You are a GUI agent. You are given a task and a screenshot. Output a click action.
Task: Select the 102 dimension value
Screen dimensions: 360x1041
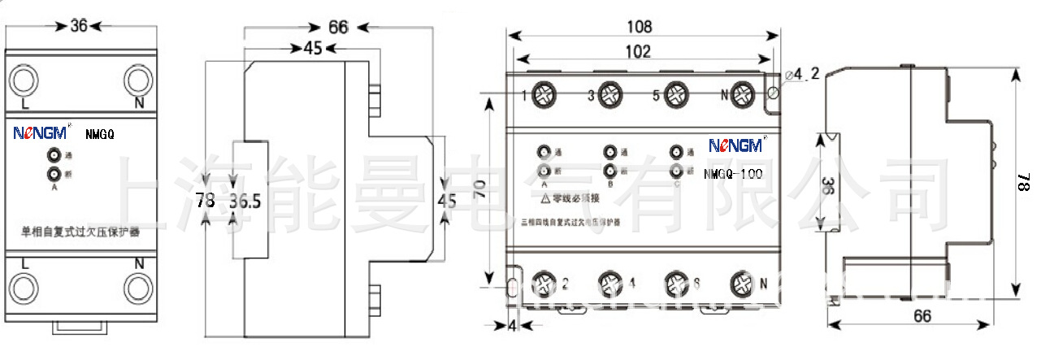(x=639, y=52)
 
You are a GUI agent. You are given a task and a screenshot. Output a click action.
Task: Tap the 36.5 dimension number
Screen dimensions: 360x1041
(x=245, y=200)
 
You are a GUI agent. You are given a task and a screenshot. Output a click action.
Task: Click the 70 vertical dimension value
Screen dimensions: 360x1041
(x=482, y=190)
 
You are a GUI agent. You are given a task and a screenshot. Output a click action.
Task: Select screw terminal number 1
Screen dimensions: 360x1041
(x=543, y=96)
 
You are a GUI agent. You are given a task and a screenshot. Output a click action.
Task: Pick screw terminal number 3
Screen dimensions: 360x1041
(x=610, y=96)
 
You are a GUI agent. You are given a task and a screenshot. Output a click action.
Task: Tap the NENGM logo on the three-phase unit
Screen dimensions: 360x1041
(x=735, y=145)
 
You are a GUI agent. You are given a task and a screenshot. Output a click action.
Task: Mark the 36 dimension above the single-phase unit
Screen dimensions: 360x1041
(x=78, y=26)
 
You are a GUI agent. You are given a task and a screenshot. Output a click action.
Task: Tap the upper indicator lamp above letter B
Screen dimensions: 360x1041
(x=609, y=152)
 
